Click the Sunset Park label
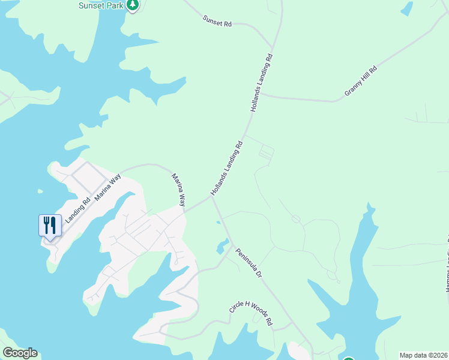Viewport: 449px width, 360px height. [101, 5]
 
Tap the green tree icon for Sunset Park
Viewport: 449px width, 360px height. [133, 5]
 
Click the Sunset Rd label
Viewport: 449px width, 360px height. [217, 22]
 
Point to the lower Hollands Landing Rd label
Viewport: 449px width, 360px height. [227, 169]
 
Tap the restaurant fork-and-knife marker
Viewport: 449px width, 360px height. [50, 226]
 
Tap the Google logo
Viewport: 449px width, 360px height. [20, 353]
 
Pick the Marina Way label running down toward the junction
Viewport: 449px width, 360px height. [179, 190]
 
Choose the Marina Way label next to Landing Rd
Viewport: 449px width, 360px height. [107, 187]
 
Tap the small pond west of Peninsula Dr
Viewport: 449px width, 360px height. [223, 245]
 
